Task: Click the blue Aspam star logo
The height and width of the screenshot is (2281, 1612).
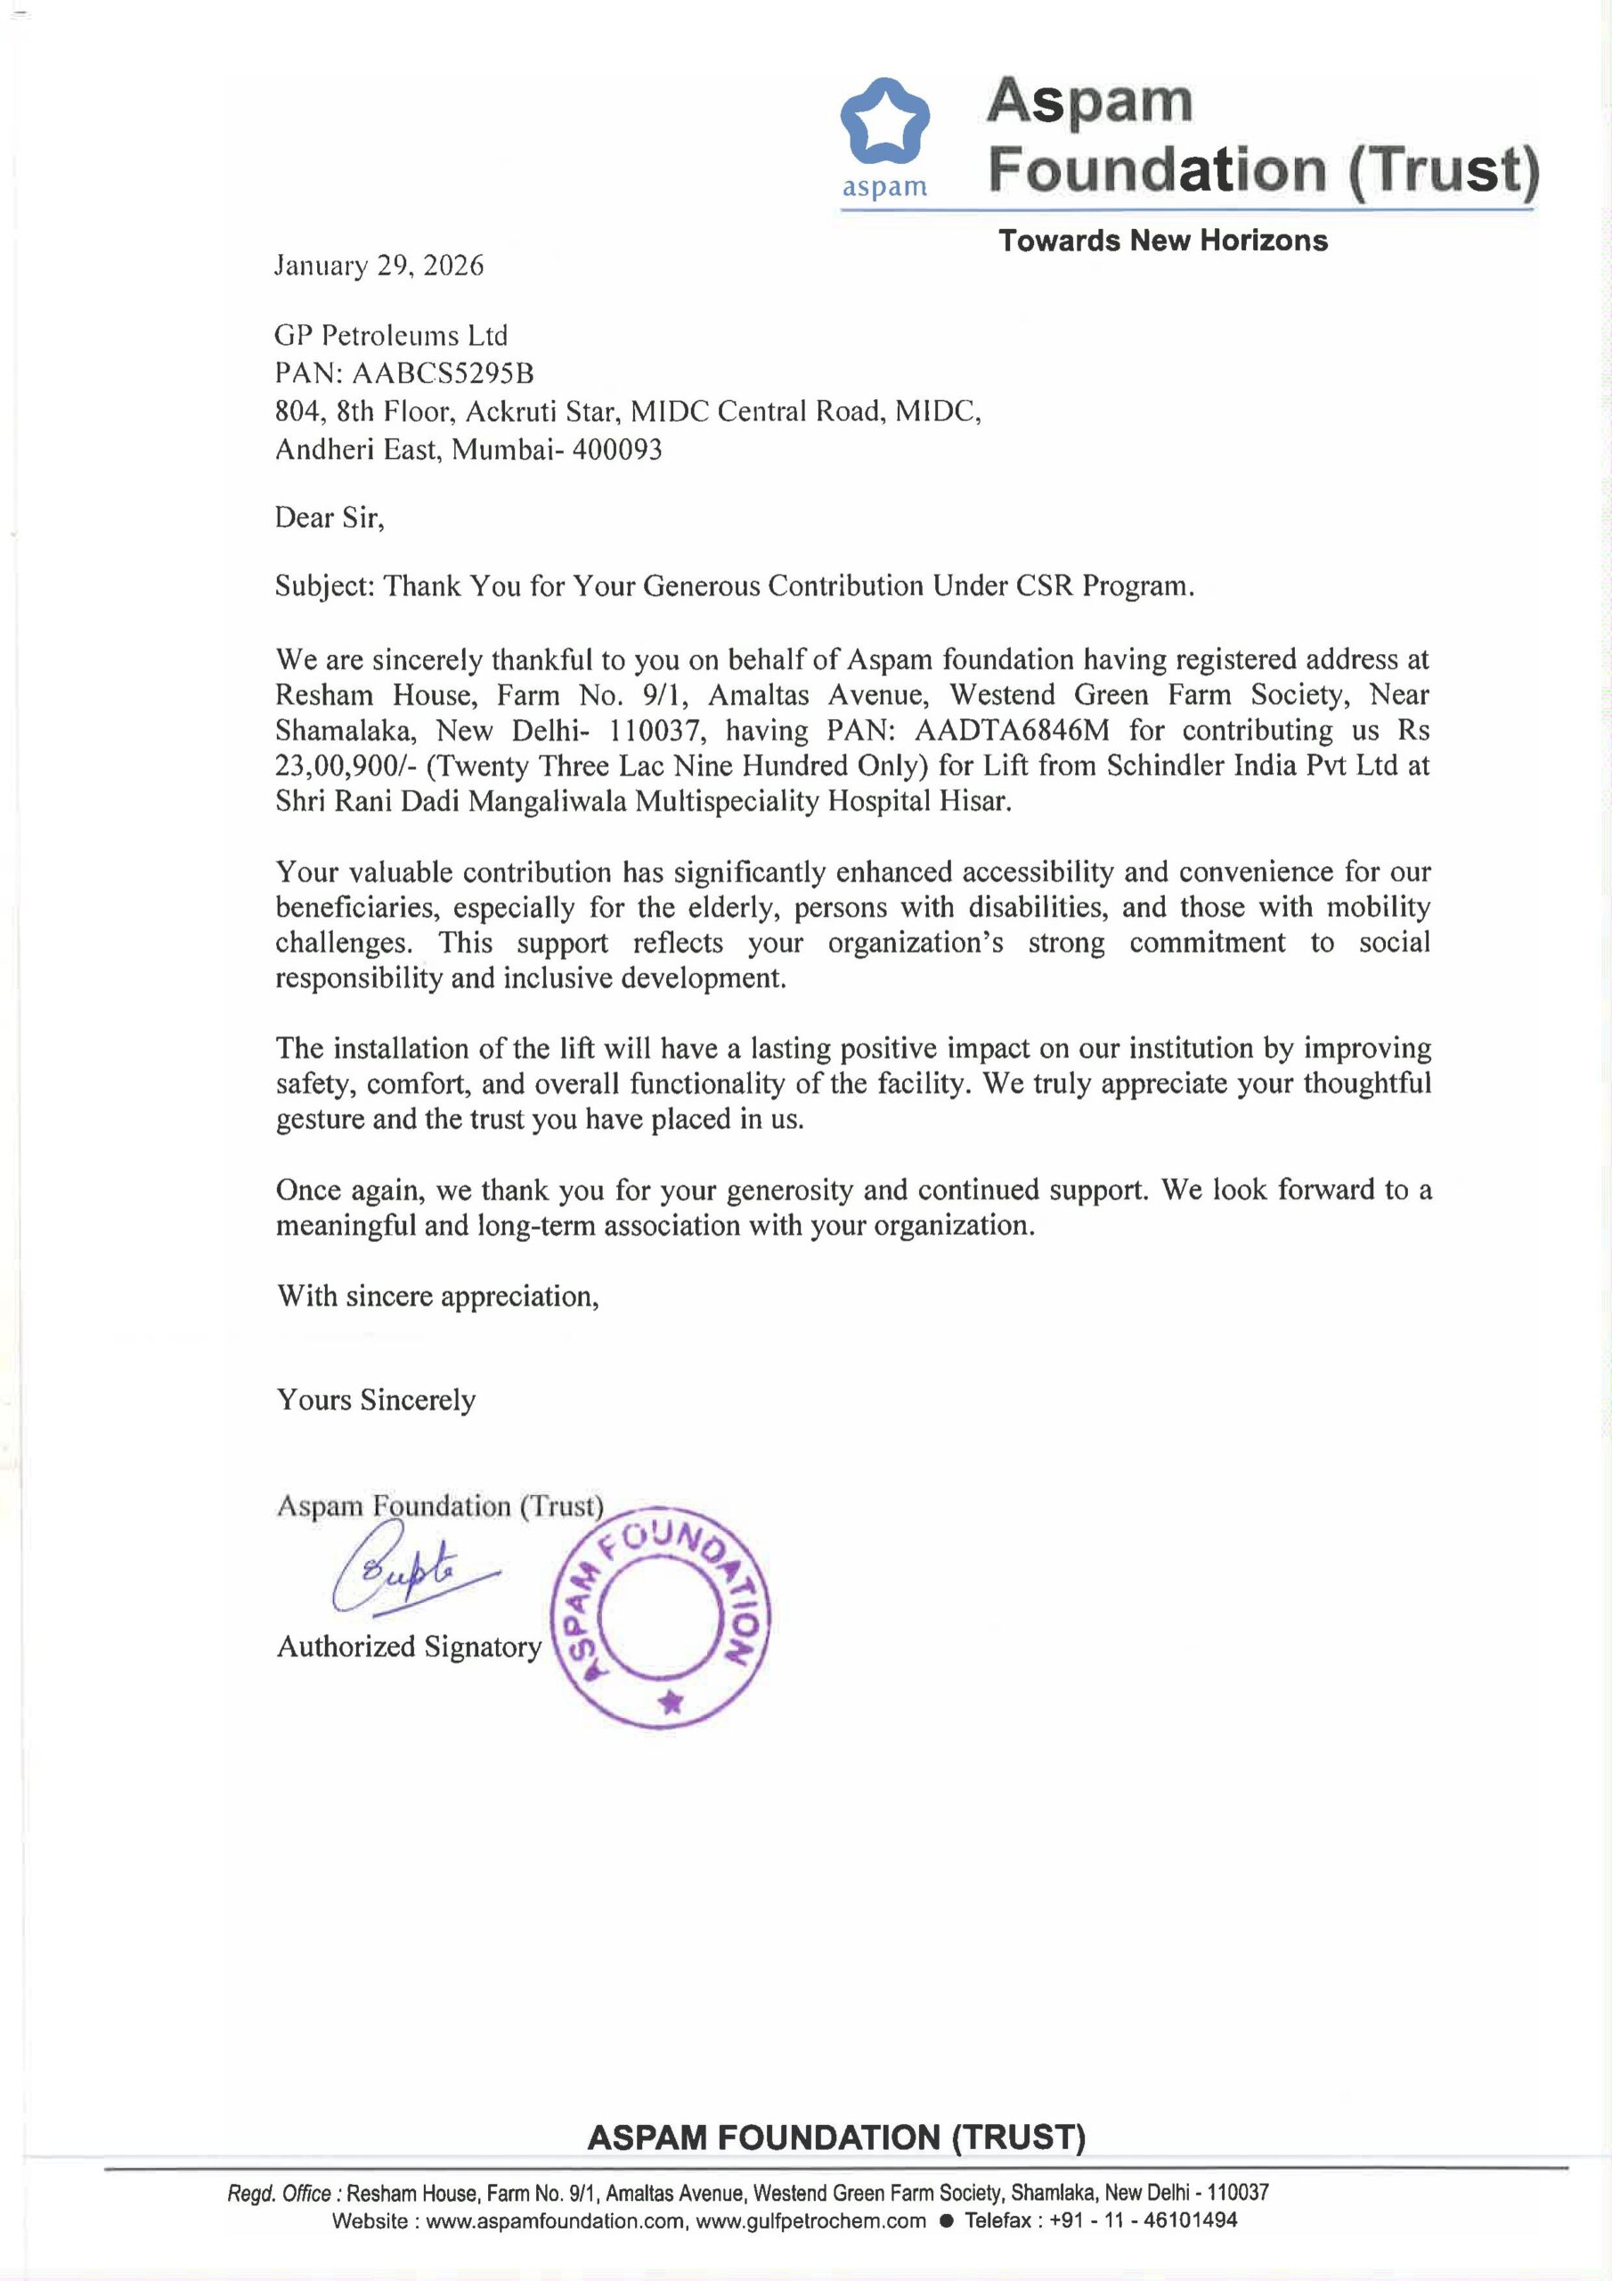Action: [884, 122]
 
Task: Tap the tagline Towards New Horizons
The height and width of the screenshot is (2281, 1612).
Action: [1162, 241]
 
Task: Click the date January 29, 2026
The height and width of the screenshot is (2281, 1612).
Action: [379, 266]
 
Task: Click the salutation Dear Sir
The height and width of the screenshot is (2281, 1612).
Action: [328, 518]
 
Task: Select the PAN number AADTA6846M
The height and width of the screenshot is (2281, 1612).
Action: [1011, 731]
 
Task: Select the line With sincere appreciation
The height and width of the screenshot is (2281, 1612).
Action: [437, 1296]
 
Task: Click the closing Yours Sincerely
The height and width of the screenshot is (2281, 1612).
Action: [376, 1400]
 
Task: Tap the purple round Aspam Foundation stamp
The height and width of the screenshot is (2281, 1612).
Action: [661, 1619]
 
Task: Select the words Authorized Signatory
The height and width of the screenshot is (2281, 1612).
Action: [408, 1647]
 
